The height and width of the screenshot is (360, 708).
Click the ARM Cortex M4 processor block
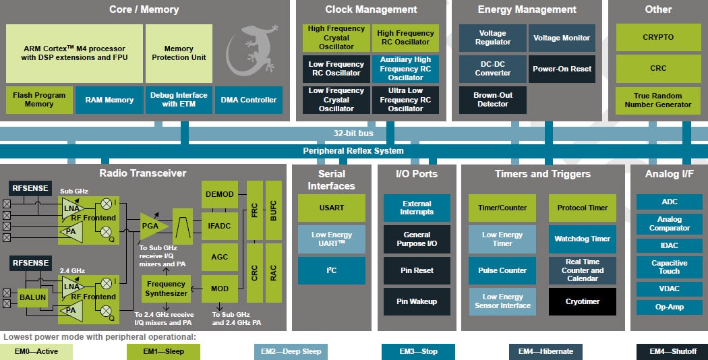point(74,53)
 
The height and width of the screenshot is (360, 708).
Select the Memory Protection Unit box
point(179,53)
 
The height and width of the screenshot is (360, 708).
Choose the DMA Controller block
point(248,100)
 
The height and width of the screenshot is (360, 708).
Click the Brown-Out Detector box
point(493,100)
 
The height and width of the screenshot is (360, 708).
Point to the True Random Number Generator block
point(657,100)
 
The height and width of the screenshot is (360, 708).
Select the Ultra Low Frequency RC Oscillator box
point(405,100)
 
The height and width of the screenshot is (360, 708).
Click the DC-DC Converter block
point(493,69)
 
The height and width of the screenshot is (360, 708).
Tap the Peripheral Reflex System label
point(353,150)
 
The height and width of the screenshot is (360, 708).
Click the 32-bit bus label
point(353,133)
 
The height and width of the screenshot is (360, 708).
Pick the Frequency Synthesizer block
point(167,289)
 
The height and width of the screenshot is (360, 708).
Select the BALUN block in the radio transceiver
point(32,296)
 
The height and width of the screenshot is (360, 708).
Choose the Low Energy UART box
point(331,239)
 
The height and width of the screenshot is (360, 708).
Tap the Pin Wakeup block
point(417,301)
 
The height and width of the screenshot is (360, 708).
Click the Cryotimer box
point(582,301)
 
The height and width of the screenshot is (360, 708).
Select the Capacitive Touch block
point(669,267)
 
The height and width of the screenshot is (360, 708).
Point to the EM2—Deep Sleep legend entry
point(291,351)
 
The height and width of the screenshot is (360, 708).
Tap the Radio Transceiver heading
point(143,173)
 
